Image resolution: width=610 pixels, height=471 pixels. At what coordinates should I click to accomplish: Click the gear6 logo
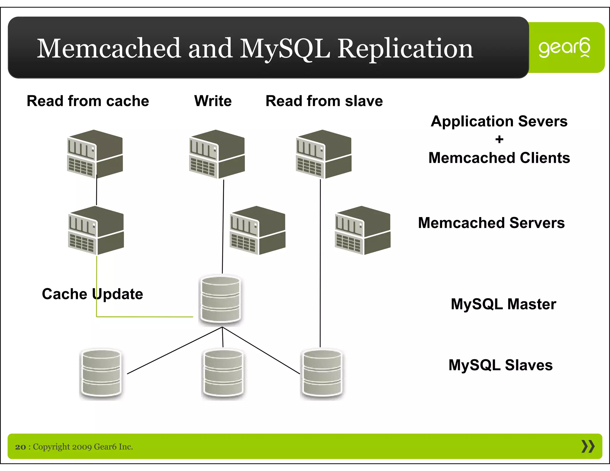564,48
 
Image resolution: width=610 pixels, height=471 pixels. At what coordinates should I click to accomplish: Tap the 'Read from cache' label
88,101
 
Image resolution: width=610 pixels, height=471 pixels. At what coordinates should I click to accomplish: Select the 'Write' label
213,101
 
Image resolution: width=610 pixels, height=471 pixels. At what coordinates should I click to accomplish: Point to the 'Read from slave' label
324,101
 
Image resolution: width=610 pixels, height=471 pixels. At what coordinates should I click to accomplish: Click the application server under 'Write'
217,154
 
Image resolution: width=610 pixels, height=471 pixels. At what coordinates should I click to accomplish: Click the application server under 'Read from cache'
95,154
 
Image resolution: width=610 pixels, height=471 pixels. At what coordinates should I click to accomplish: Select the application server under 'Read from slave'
323,154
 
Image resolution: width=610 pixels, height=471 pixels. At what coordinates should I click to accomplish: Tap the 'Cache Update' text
92,294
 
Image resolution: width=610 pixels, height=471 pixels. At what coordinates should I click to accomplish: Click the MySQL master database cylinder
221,299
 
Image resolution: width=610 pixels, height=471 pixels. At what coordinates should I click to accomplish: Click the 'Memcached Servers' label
491,223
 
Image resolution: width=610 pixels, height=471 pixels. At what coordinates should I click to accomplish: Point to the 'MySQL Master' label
503,304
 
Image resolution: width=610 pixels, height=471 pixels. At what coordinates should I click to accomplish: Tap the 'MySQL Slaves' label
500,365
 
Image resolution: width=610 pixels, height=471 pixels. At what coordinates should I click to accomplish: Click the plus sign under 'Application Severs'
499,139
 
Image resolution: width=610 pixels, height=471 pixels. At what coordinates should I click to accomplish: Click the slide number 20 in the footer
21,447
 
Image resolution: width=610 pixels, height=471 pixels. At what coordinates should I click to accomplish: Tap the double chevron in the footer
588,446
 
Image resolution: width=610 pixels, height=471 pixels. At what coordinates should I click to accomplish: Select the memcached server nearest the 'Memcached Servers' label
362,230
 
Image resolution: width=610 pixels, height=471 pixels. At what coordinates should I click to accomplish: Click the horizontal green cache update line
145,317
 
